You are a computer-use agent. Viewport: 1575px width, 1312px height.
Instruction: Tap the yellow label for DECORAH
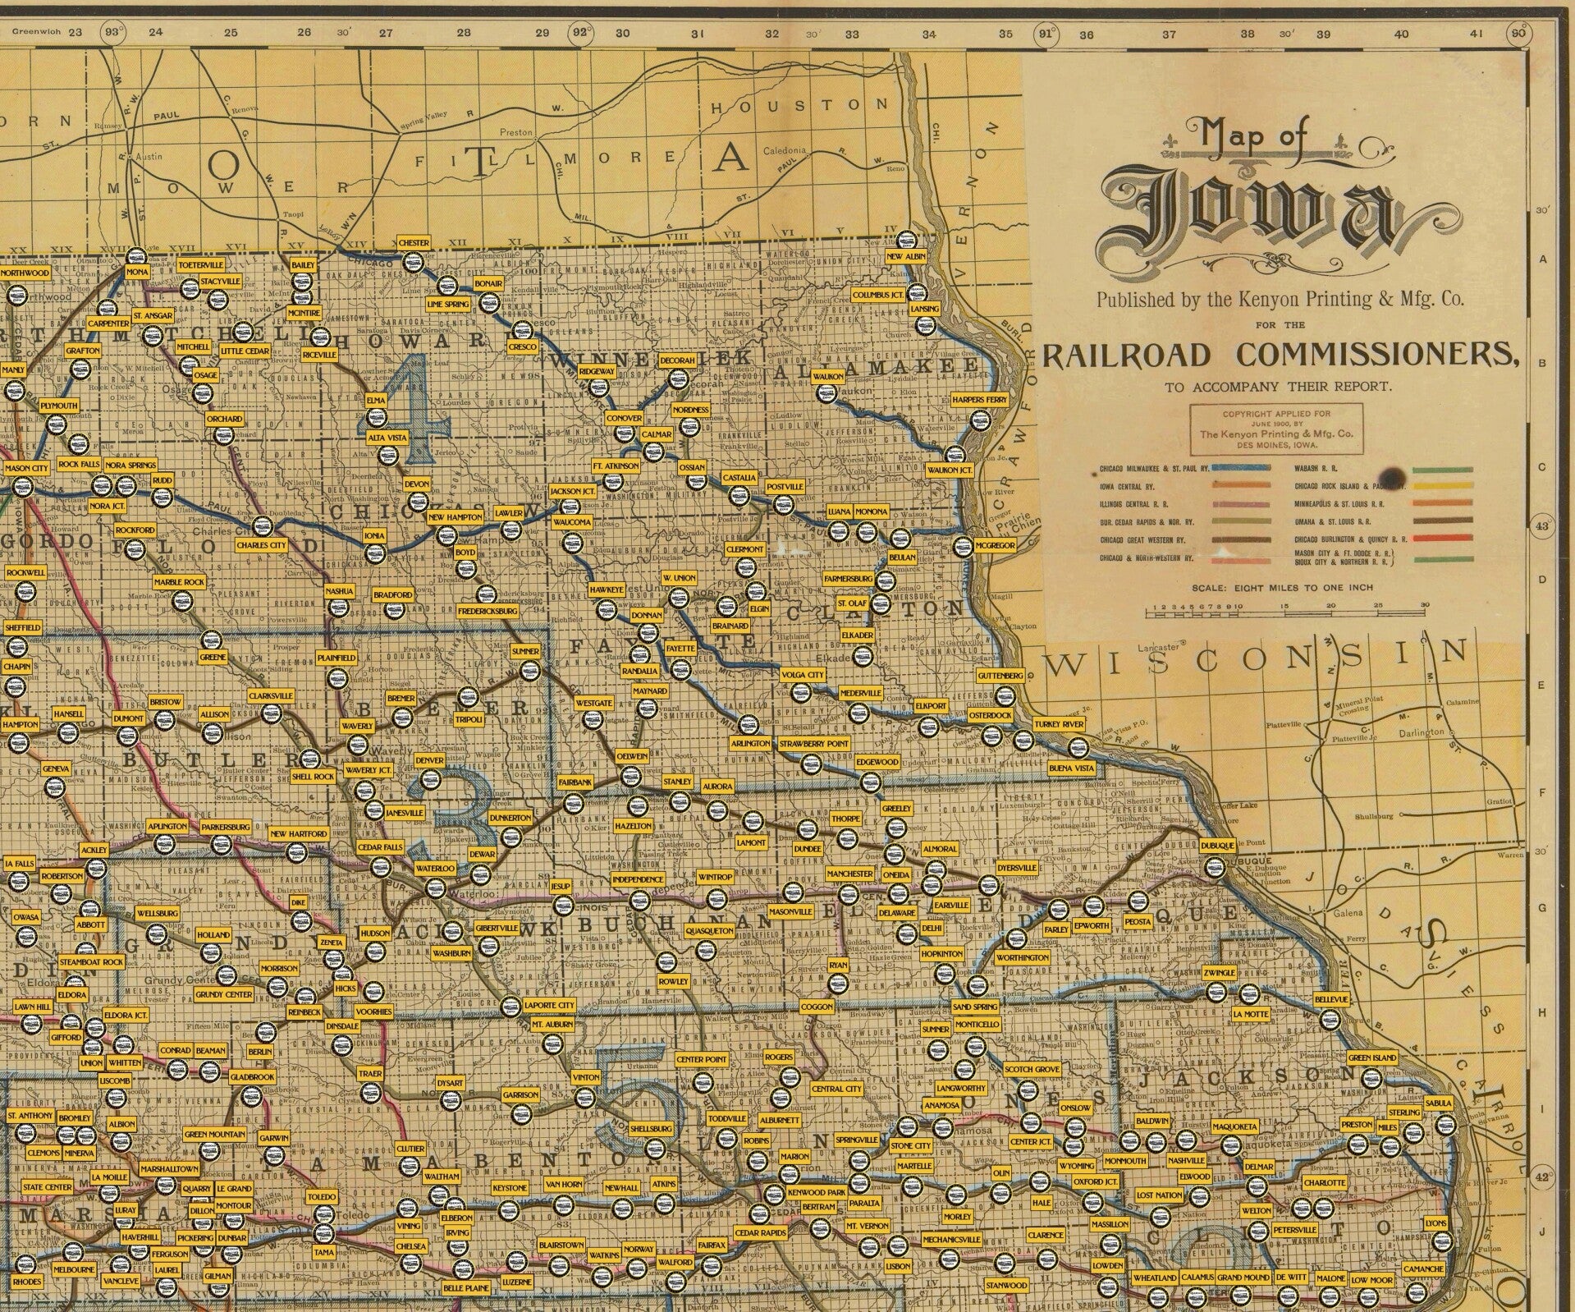tap(677, 360)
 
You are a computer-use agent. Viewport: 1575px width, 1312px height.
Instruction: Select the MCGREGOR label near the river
tap(996, 545)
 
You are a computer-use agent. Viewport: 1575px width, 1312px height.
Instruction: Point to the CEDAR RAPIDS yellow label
tap(760, 1232)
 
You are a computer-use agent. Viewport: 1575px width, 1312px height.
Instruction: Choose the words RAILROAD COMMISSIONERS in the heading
tap(1280, 355)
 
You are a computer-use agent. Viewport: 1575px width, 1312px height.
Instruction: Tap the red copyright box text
tap(1276, 429)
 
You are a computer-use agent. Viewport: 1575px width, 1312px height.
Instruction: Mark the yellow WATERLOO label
tap(434, 868)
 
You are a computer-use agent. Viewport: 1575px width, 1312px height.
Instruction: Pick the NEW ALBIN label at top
tap(906, 257)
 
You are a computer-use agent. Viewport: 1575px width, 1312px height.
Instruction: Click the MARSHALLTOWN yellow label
tap(169, 1168)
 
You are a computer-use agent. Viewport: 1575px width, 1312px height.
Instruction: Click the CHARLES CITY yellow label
tap(261, 544)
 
